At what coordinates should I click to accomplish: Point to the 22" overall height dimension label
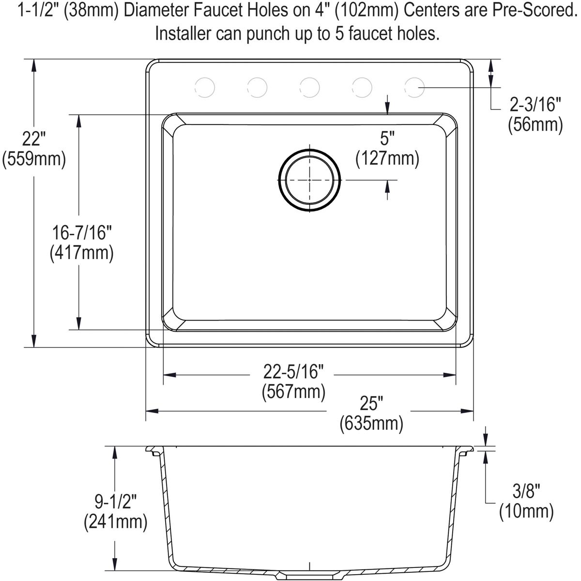tap(33, 140)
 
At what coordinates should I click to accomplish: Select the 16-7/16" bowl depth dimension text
tap(82, 233)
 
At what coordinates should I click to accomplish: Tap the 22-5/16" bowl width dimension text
tap(293, 372)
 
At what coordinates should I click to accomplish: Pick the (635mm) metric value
tap(371, 424)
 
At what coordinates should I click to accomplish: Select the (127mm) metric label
tap(387, 158)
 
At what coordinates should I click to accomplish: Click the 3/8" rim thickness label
tap(526, 491)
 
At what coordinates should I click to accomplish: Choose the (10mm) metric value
tap(526, 511)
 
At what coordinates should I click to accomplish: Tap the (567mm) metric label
tap(293, 391)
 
